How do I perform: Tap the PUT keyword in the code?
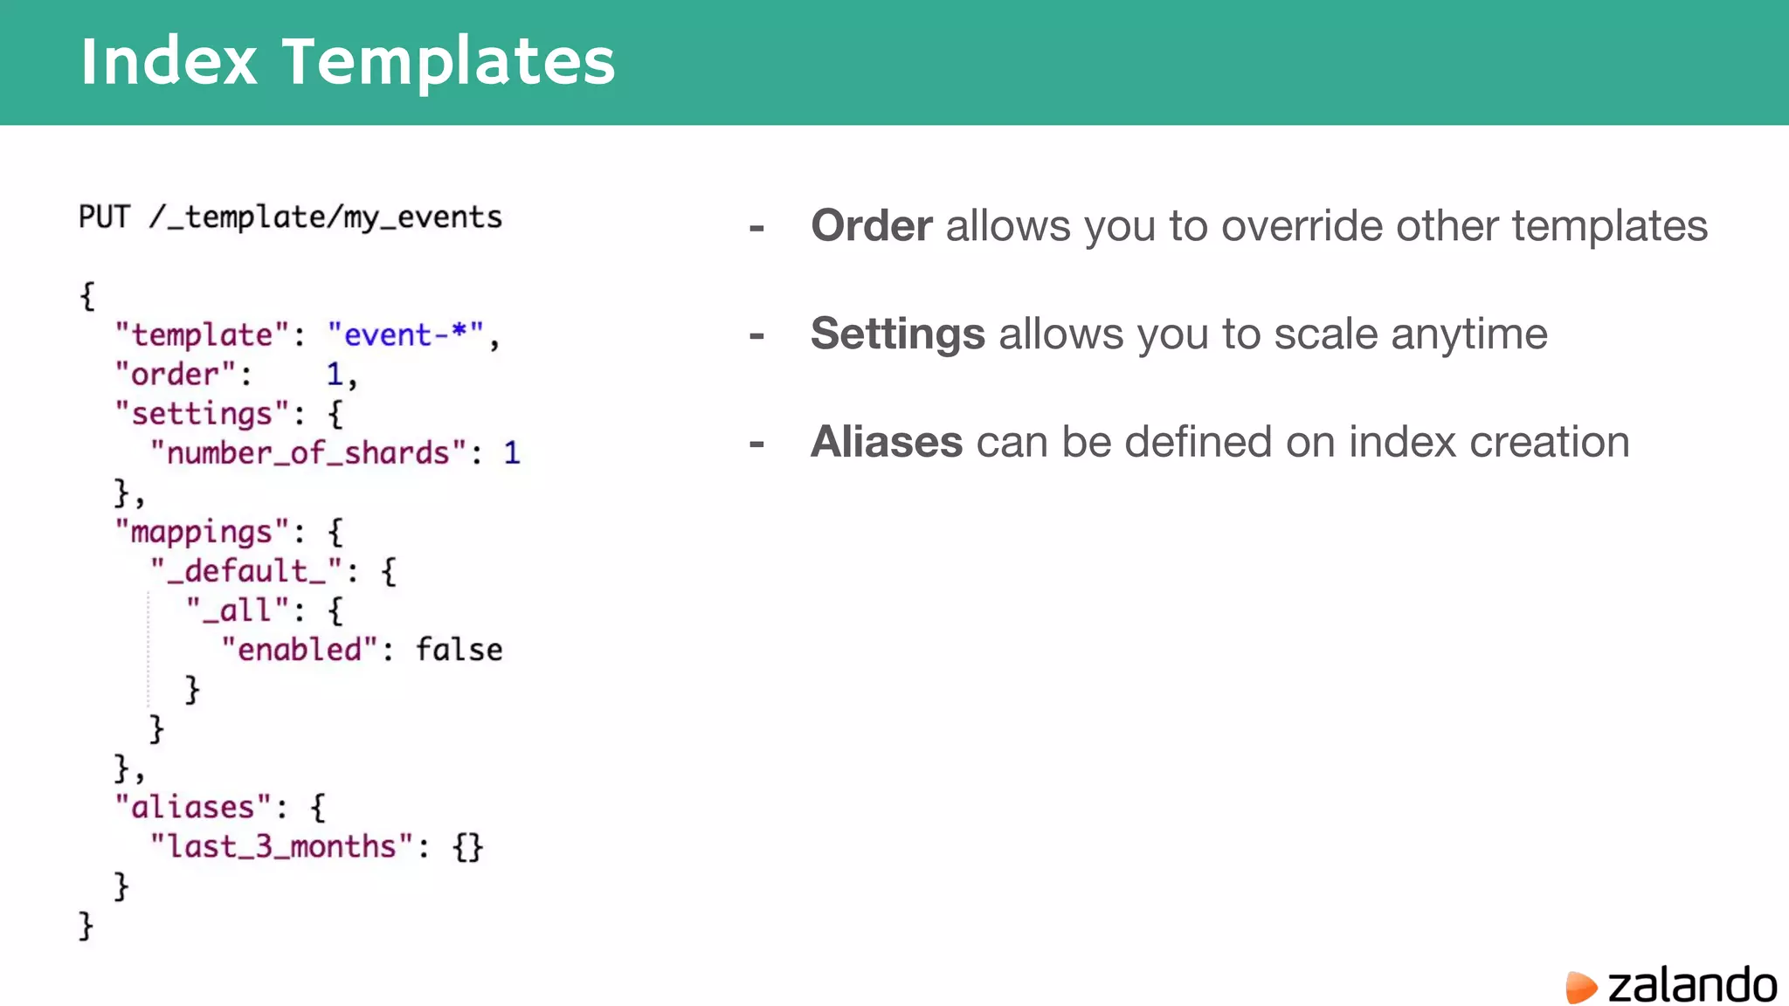(104, 217)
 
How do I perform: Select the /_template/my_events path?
(325, 217)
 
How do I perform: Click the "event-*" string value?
(405, 334)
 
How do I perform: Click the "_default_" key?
(246, 571)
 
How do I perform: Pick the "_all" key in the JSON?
(238, 610)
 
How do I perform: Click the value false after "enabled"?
(459, 650)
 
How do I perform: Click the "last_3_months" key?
(281, 846)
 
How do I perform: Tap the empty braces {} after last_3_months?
(467, 846)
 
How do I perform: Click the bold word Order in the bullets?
(871, 225)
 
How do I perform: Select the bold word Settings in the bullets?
(897, 334)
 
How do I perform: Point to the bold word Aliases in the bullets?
(886, 442)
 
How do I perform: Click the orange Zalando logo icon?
(1580, 987)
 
